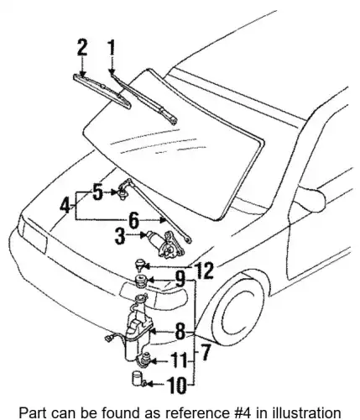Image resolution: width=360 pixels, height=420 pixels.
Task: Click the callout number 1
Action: [x=112, y=48]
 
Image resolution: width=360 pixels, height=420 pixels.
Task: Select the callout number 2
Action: [x=82, y=48]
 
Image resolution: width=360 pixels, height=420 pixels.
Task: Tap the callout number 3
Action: [x=121, y=236]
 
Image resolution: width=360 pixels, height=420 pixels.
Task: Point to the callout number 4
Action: [x=65, y=207]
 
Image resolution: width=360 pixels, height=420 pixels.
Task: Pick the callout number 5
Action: [x=97, y=192]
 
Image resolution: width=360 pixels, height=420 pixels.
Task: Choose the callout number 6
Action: [x=134, y=220]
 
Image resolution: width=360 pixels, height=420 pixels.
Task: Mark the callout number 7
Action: [x=206, y=352]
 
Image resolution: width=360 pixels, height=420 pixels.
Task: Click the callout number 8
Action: [x=180, y=332]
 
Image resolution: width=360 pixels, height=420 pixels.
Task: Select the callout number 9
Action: [x=180, y=279]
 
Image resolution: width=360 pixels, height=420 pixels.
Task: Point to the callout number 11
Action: [x=179, y=360]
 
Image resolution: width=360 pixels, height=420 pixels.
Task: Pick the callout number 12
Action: [x=205, y=270]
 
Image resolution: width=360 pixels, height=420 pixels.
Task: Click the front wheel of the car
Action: [x=241, y=309]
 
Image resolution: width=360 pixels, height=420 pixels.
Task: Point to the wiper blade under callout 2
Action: [x=102, y=92]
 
